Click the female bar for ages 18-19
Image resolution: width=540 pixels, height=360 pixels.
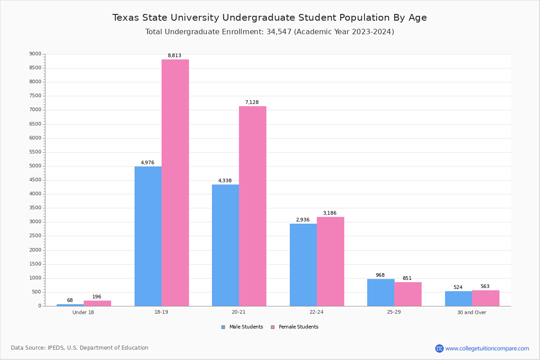(175, 183)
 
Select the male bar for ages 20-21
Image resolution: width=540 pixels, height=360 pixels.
(225, 245)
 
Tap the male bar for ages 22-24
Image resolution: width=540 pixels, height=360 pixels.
(303, 265)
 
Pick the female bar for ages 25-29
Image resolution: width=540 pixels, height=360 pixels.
(408, 294)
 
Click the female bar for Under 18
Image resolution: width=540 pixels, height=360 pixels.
(97, 303)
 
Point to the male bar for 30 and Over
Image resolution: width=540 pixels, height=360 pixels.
(459, 298)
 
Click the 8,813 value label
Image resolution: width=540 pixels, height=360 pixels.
(175, 56)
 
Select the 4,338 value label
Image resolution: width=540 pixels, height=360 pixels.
(225, 181)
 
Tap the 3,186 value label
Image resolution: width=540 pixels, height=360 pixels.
(329, 213)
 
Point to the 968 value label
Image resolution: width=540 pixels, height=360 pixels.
(380, 275)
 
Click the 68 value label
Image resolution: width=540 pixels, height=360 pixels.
(70, 301)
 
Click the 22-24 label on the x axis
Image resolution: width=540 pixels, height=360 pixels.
(316, 312)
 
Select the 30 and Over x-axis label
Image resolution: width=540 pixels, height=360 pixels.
(472, 312)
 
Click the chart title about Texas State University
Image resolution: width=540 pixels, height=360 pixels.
(270, 18)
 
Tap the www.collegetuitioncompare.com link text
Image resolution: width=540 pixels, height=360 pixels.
(487, 348)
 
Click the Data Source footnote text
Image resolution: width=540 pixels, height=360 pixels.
(80, 348)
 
